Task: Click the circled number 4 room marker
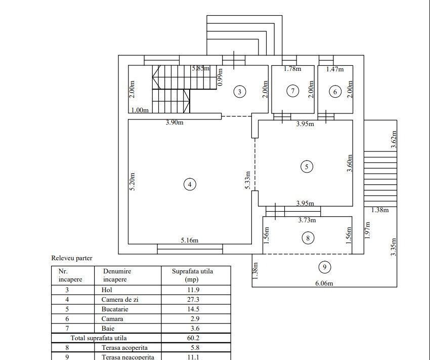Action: [189, 185]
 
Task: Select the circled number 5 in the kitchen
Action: [306, 166]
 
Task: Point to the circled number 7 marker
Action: [293, 91]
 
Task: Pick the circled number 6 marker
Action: [335, 92]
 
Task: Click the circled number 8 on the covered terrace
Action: [307, 237]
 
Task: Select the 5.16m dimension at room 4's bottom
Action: [189, 240]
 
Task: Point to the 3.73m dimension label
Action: [306, 220]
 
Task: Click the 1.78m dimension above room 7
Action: [292, 69]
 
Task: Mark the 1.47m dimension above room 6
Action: [335, 69]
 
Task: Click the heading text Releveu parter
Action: [72, 258]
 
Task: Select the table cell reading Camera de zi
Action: [120, 299]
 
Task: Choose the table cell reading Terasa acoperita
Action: [124, 347]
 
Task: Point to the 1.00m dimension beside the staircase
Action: [140, 110]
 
